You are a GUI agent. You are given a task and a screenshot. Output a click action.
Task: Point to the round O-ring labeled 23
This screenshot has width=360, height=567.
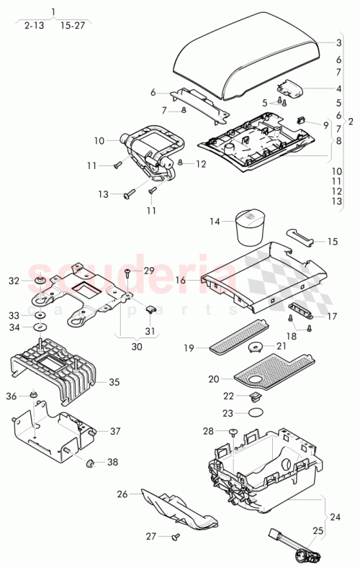(254, 412)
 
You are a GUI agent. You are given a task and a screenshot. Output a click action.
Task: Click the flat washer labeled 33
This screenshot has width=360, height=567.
(41, 315)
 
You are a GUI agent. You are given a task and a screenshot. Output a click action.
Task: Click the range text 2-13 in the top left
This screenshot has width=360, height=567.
(33, 24)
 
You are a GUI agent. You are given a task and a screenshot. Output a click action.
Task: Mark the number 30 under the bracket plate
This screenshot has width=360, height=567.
(137, 346)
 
